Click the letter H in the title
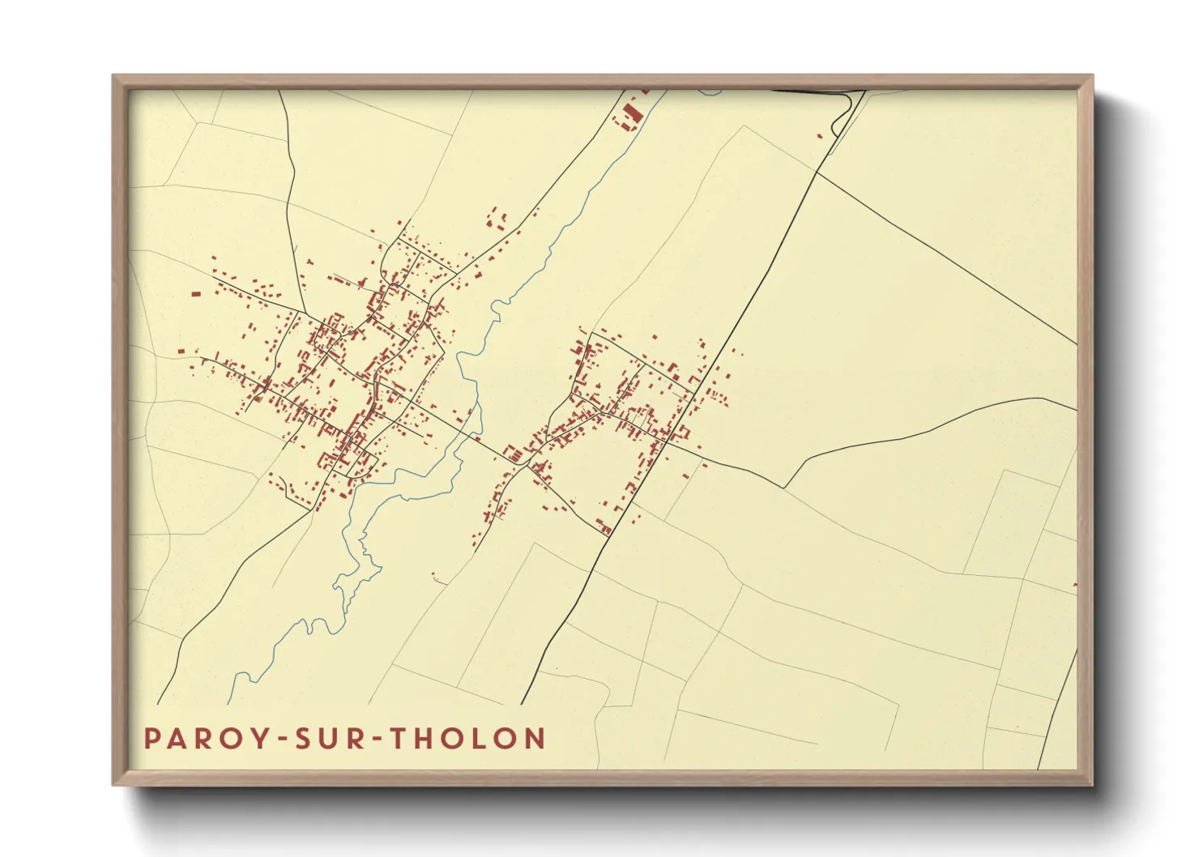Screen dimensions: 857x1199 click(428, 739)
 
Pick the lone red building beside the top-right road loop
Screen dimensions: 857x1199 click(820, 135)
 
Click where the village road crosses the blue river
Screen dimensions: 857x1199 click(471, 436)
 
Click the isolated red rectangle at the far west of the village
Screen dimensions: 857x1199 click(195, 294)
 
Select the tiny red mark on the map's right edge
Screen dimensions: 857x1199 click(1075, 584)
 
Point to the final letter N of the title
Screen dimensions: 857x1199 click(534, 739)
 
